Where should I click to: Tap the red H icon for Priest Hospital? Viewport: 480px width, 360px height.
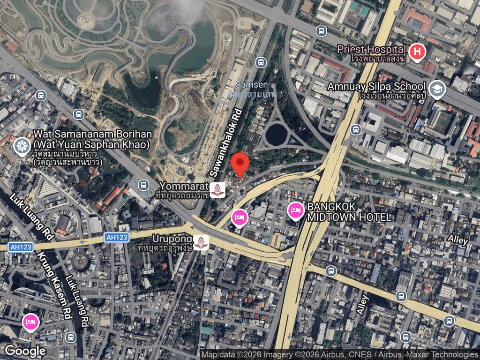coord(416,52)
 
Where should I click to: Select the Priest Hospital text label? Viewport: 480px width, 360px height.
coord(373,49)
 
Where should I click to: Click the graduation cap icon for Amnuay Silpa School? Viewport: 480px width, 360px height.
coord(437,89)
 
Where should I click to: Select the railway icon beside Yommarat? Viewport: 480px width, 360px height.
coord(217,189)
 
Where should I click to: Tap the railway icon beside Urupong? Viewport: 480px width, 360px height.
coord(201,242)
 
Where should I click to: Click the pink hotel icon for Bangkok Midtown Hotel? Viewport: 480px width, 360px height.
coord(295,210)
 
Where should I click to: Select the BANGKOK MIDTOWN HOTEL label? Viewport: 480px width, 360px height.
coord(349,212)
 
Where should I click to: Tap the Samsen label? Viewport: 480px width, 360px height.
coord(252,85)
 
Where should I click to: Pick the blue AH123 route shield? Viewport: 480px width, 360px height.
coord(116,237)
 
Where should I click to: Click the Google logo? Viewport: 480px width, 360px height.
coord(25,350)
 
